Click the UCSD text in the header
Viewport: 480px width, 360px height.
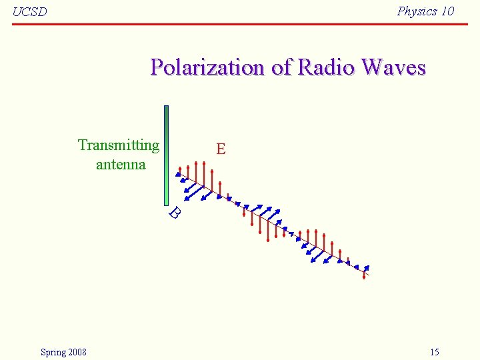[30, 11]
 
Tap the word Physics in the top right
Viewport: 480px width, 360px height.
[417, 11]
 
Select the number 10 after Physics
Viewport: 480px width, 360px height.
[447, 11]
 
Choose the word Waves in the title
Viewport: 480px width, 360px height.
[393, 67]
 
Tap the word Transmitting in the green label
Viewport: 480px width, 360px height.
[119, 145]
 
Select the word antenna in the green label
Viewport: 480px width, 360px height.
[121, 164]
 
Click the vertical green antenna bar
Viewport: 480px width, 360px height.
[166, 155]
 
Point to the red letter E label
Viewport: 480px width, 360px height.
[221, 149]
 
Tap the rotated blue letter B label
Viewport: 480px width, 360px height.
[175, 213]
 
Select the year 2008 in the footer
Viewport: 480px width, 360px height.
[76, 352]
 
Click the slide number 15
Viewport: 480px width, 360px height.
[435, 352]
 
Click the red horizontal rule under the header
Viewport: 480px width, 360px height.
[240, 24]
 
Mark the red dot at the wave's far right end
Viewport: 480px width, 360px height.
[364, 277]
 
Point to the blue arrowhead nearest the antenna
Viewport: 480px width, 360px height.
[178, 174]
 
